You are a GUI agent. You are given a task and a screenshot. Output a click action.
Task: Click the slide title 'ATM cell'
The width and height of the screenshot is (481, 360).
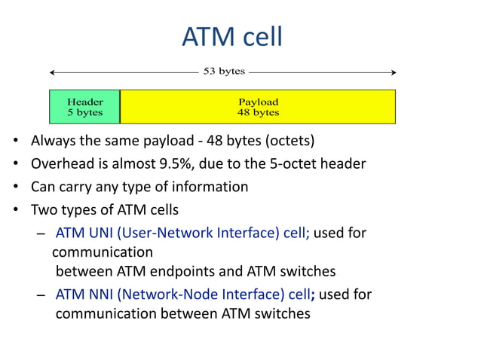tap(232, 35)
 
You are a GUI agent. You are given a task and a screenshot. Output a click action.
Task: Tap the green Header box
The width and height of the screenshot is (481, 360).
tap(84, 106)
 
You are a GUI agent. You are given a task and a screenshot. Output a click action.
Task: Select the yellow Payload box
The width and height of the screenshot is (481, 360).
tap(258, 106)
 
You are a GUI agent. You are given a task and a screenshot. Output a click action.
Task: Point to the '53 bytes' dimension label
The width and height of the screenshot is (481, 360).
tap(224, 72)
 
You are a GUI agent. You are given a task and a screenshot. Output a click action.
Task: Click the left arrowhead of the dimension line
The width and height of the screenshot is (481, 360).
tap(53, 72)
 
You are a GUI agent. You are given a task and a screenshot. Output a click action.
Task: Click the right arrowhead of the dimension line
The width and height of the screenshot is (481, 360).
tap(393, 72)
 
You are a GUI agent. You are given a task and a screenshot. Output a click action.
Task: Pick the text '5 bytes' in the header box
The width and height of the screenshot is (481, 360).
tap(84, 112)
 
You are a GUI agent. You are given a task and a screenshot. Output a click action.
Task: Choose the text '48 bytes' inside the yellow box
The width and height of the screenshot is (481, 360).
tap(258, 112)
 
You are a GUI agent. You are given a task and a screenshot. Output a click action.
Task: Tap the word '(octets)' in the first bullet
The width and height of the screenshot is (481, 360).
tap(287, 141)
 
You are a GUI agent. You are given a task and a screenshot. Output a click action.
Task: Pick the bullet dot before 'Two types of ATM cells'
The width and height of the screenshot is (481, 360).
tap(15, 209)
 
